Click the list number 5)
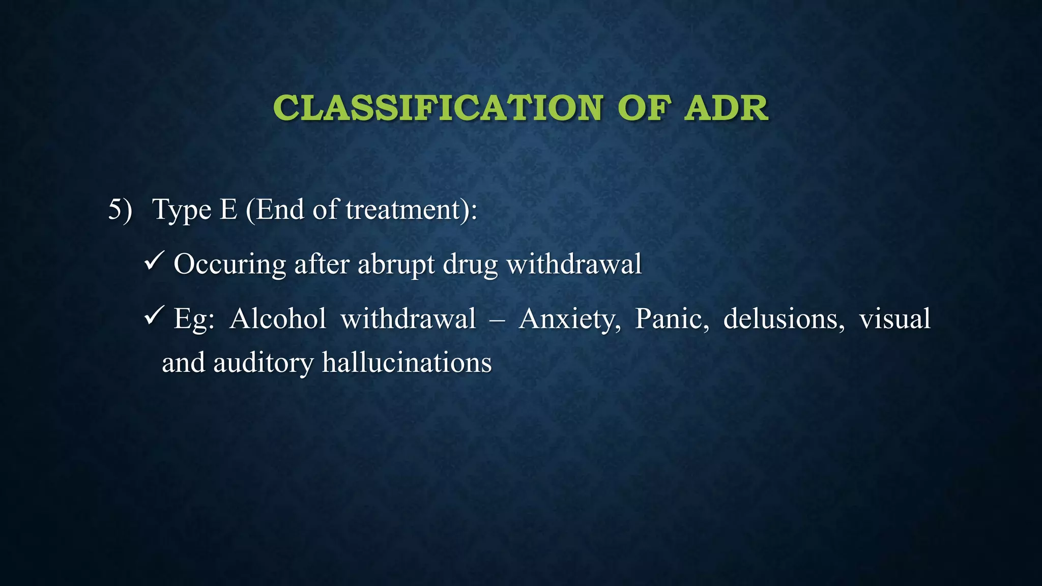tap(120, 209)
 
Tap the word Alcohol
tap(278, 319)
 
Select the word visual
tap(894, 319)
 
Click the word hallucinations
tap(407, 363)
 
